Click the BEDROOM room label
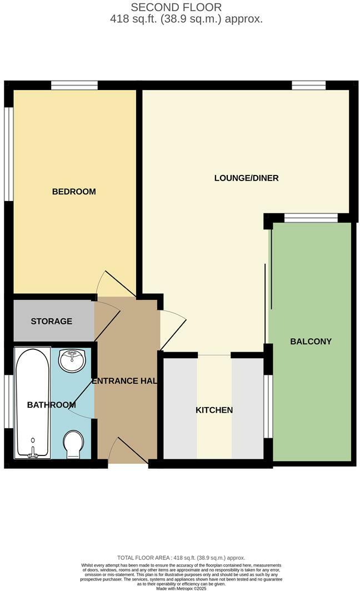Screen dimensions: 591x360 click(74, 192)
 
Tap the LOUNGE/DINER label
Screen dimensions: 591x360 click(246, 178)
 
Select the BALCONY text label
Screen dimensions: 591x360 click(311, 342)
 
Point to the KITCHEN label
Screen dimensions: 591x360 click(214, 410)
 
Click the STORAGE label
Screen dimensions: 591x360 click(51, 322)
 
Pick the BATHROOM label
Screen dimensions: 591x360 click(51, 405)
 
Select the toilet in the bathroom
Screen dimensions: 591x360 click(73, 444)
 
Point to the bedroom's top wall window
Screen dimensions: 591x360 click(74, 85)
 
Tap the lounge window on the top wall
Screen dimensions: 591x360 click(309, 85)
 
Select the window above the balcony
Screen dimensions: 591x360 click(311, 218)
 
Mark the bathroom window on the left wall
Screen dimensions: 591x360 click(8, 401)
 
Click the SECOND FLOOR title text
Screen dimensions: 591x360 click(176, 7)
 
